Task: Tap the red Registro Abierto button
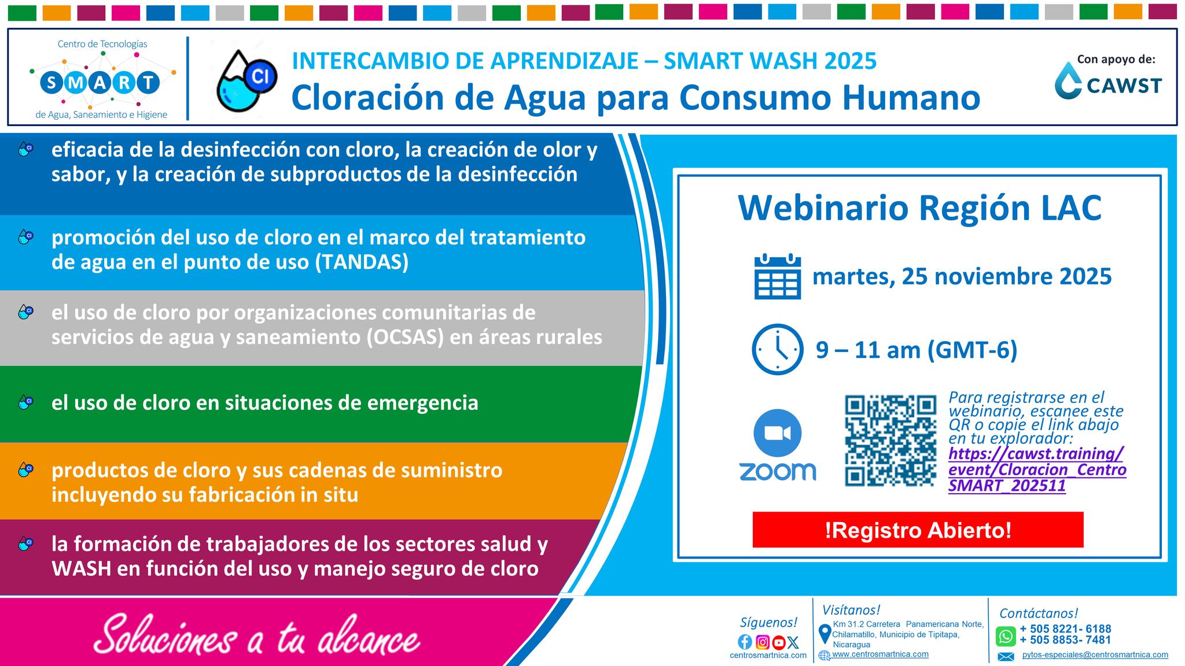(x=918, y=530)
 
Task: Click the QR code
(x=890, y=441)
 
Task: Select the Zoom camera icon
(x=777, y=433)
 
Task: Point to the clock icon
(x=778, y=349)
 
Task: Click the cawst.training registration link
(x=1037, y=469)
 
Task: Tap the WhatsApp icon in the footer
(x=1006, y=637)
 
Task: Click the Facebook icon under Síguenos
(x=745, y=642)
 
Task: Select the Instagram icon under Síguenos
(x=763, y=642)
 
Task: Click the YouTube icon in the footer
(x=779, y=642)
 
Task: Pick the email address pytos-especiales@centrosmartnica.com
(x=1095, y=655)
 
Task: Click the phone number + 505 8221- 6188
(x=1065, y=629)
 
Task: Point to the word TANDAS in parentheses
(x=362, y=262)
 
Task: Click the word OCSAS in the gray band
(x=404, y=337)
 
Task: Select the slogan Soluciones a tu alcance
(x=257, y=638)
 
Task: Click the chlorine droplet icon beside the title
(x=246, y=80)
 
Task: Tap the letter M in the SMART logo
(x=76, y=83)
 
